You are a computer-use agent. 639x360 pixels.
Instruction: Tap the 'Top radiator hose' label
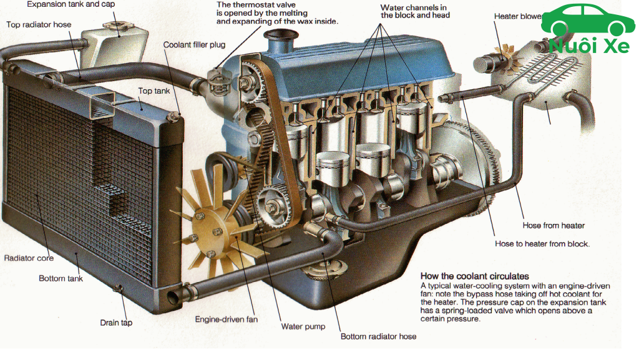(39, 25)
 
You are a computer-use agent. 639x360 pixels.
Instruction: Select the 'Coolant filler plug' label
(194, 45)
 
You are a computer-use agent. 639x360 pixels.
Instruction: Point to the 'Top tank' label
(154, 91)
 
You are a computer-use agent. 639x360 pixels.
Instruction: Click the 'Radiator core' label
(29, 258)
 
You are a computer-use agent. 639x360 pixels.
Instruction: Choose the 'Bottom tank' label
(61, 278)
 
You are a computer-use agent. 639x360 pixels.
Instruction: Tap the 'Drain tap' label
(116, 323)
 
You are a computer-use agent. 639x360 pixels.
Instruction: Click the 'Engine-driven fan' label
(226, 319)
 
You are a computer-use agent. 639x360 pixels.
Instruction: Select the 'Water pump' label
(303, 326)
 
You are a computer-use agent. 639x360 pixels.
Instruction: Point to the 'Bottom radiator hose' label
(378, 336)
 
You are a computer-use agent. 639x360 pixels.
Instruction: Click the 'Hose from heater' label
(554, 225)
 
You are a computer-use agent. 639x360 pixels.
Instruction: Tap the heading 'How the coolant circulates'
(474, 276)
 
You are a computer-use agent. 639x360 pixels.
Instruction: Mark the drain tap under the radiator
(119, 289)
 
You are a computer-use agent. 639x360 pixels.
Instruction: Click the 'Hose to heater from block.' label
(542, 244)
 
